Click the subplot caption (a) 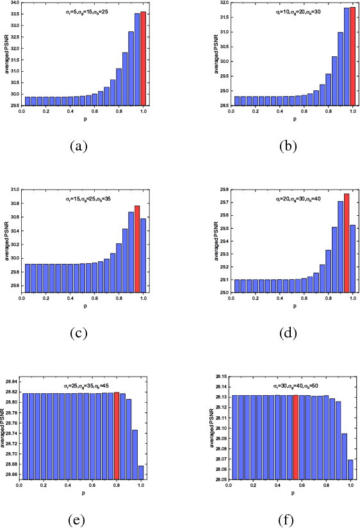coord(78,146)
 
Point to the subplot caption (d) coord(287,334)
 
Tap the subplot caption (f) coord(287,520)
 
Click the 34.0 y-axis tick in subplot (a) coord(14,3)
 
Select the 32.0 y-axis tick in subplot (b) coord(222,3)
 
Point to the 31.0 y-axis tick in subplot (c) coord(14,190)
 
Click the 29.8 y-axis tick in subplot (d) coord(222,190)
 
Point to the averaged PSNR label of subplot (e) coord(4,430)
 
